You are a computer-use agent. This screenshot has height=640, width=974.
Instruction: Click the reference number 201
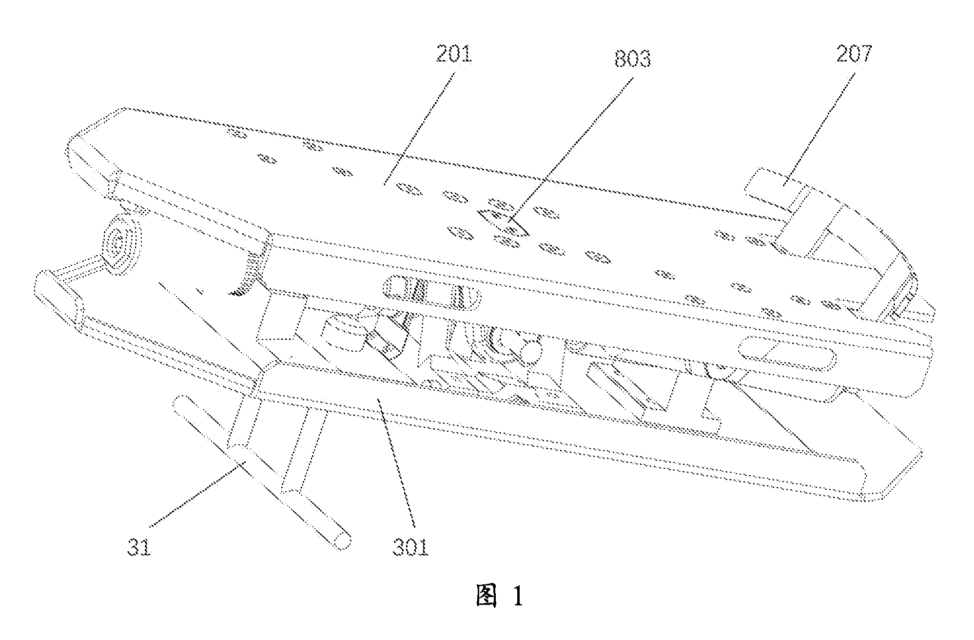coord(454,55)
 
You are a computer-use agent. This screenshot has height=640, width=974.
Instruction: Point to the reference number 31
coord(139,548)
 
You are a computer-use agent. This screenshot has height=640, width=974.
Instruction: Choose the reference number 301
coord(410,548)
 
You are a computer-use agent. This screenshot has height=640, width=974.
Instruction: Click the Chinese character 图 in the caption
coord(488,596)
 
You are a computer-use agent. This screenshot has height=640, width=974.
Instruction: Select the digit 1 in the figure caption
coord(517,596)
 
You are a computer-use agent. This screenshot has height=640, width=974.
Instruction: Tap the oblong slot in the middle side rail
coord(432,292)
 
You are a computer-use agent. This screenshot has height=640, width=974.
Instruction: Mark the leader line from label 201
coord(420,128)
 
